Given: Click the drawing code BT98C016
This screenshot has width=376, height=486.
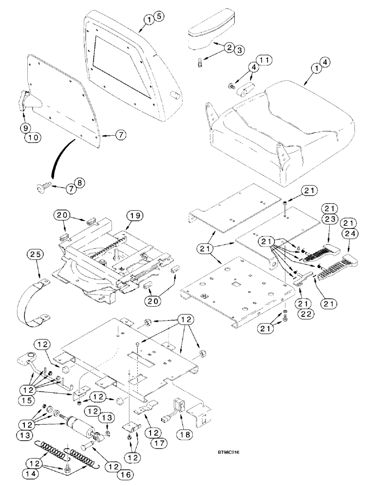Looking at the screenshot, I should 228,452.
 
